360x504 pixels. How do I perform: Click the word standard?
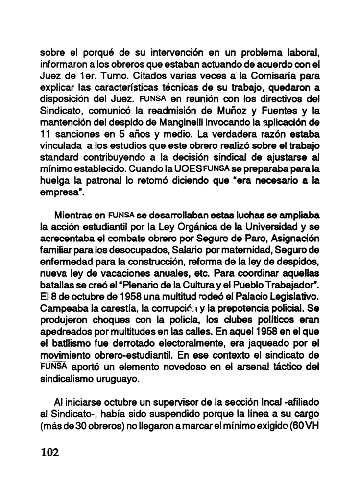59,160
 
